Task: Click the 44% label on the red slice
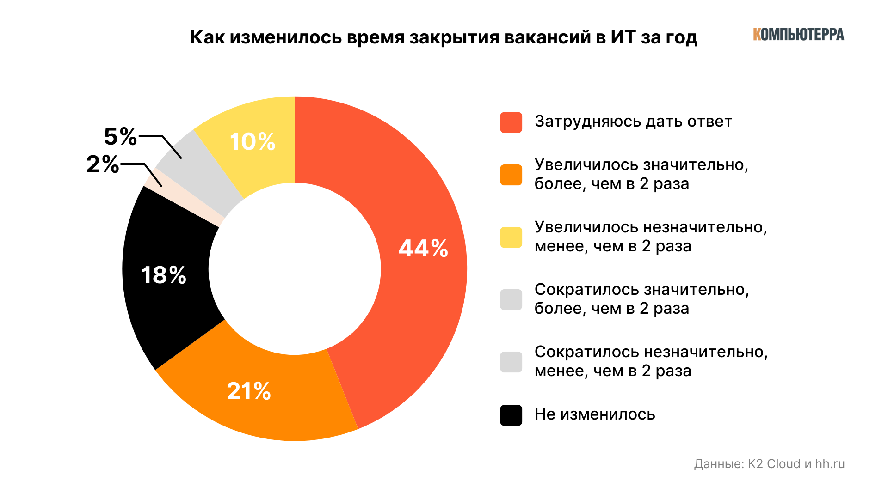pyautogui.click(x=423, y=249)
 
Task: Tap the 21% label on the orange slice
pyautogui.click(x=249, y=391)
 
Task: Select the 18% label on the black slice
pyautogui.click(x=164, y=275)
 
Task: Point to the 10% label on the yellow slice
pyautogui.click(x=253, y=142)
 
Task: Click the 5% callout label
pyautogui.click(x=120, y=137)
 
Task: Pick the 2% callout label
pyautogui.click(x=103, y=164)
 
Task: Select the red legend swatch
pyautogui.click(x=511, y=122)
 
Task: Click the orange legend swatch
pyautogui.click(x=511, y=175)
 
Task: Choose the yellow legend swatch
pyautogui.click(x=511, y=237)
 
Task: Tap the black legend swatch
pyautogui.click(x=511, y=415)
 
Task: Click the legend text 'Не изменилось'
pyautogui.click(x=595, y=414)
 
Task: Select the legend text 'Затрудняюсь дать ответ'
pyautogui.click(x=633, y=122)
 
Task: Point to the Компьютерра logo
pyautogui.click(x=798, y=34)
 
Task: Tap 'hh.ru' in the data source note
pyautogui.click(x=830, y=464)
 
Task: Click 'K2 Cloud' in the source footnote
pyautogui.click(x=774, y=464)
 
